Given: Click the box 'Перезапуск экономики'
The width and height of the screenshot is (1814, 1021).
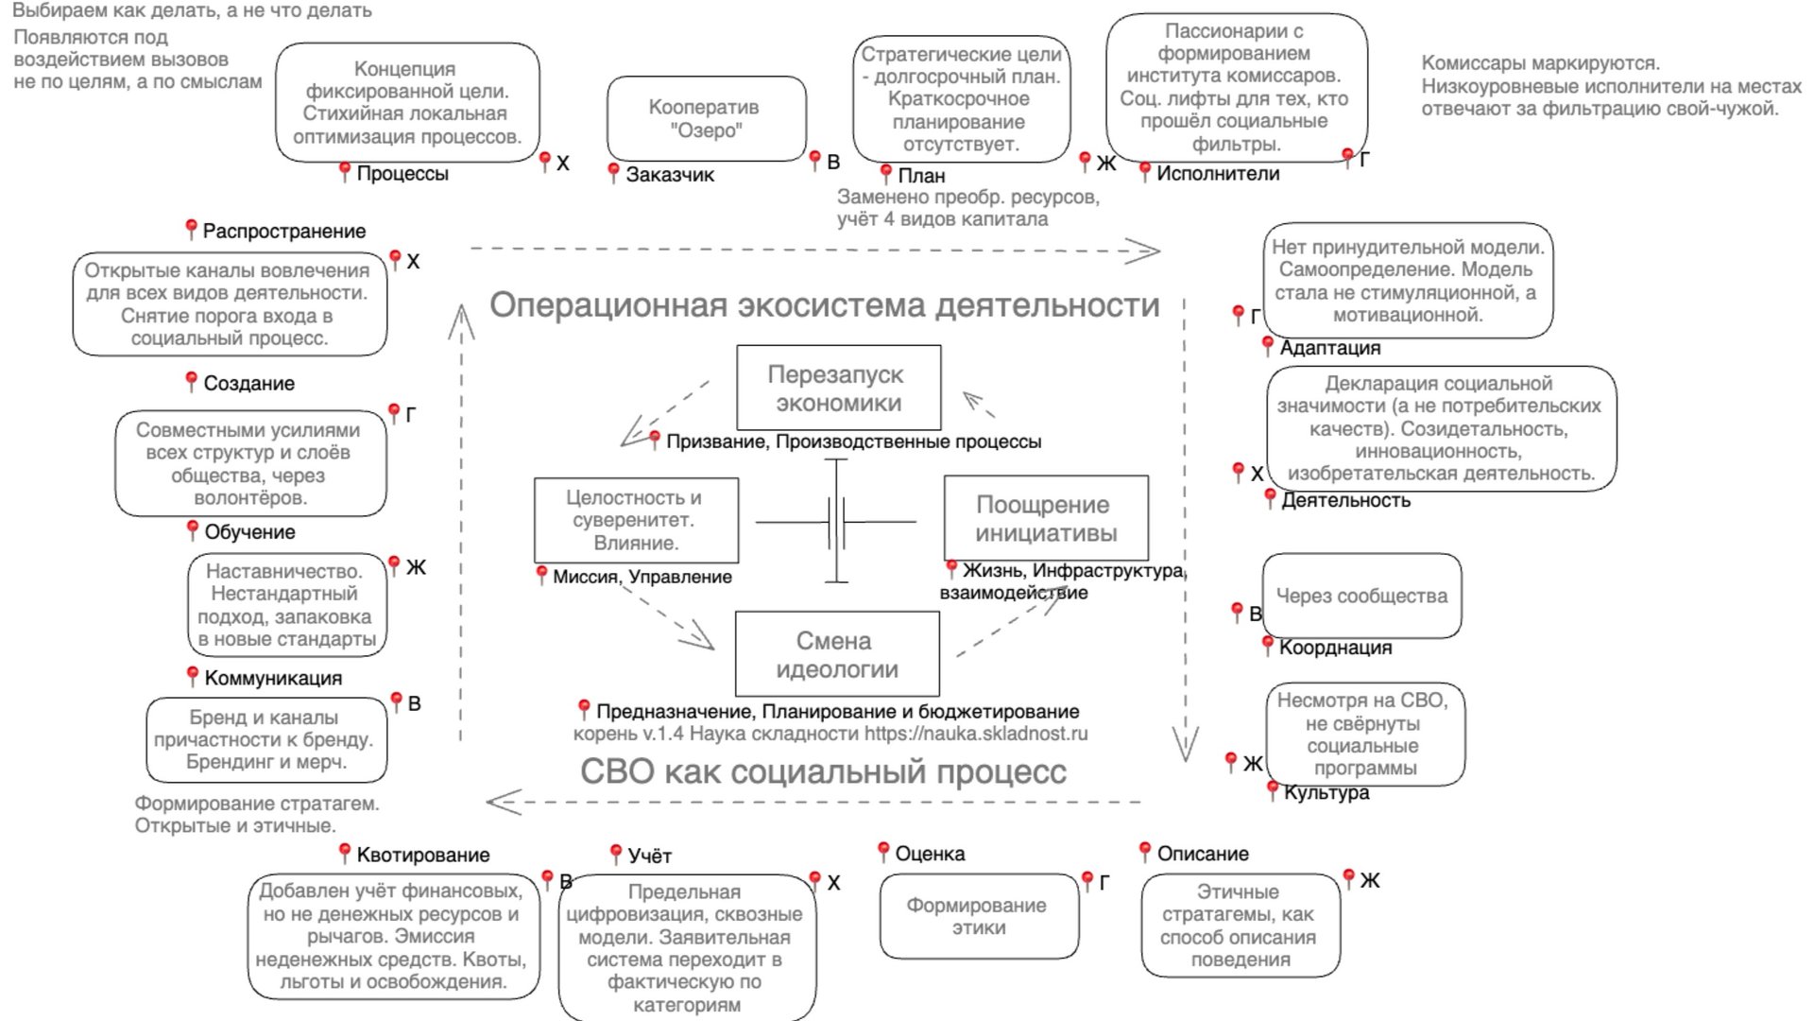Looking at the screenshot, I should (838, 388).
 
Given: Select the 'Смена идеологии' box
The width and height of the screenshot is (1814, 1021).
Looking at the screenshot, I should (837, 654).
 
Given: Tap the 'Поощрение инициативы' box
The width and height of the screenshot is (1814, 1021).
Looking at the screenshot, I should (1046, 518).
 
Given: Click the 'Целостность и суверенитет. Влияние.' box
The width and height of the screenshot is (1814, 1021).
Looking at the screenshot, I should (636, 520).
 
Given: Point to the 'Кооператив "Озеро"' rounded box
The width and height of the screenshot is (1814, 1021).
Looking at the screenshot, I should (706, 119).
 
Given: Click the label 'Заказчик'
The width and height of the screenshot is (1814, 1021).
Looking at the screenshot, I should (670, 175).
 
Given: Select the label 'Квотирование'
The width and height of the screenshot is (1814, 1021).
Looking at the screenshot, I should (422, 856).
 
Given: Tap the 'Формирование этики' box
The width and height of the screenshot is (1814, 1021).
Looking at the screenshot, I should (978, 916).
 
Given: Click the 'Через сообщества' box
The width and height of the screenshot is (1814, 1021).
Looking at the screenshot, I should (1361, 596).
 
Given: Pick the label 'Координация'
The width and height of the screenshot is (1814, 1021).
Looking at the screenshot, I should (1335, 648).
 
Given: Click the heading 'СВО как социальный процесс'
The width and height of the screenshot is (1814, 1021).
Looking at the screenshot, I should (823, 771).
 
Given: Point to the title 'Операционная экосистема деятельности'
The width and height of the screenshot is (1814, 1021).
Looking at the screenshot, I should (824, 305).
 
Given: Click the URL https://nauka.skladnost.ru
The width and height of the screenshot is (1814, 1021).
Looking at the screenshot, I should (976, 734).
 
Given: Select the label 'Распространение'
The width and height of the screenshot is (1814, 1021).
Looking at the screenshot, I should (283, 232).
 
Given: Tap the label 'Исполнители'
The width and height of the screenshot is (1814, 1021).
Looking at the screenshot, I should (1218, 174).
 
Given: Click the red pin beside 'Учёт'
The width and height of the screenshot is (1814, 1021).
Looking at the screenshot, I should (615, 853).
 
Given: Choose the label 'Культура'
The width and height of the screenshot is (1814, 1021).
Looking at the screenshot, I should (1326, 792).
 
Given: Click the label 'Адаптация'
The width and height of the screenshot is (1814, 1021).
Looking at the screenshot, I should (1329, 348).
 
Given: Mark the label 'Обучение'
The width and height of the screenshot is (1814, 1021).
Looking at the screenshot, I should (249, 532).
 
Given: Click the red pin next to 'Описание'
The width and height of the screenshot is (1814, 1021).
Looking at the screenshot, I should (1144, 851).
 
